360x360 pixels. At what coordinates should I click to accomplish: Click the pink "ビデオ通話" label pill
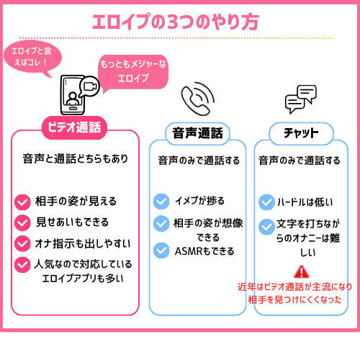click(74, 127)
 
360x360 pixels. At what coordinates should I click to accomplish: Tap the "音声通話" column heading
click(197, 133)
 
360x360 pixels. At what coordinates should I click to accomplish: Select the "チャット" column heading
click(301, 133)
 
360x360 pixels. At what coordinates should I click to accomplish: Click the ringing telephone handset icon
click(198, 99)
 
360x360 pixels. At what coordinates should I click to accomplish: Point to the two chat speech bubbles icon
click(301, 99)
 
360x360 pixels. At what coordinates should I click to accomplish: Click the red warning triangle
click(302, 271)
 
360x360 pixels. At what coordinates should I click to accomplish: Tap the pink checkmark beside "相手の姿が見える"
click(22, 202)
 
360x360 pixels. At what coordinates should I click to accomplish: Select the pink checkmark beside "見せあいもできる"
click(22, 222)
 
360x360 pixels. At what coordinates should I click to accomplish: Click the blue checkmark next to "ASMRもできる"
click(161, 251)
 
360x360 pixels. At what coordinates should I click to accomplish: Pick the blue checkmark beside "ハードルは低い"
click(266, 202)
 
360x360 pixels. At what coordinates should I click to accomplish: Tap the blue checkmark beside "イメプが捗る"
click(161, 202)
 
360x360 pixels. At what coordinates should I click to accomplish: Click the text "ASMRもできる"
click(204, 251)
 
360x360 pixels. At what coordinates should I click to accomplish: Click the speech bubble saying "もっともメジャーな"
click(133, 72)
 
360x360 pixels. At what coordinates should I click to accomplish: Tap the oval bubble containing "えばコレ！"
click(32, 58)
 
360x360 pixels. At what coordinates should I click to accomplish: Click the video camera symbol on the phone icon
click(89, 86)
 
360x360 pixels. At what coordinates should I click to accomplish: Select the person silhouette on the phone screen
click(73, 99)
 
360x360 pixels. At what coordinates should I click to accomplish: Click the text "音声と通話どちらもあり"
click(75, 158)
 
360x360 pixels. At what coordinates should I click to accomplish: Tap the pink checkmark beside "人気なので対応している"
click(22, 265)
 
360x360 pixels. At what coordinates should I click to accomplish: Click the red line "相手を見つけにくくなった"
click(294, 300)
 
